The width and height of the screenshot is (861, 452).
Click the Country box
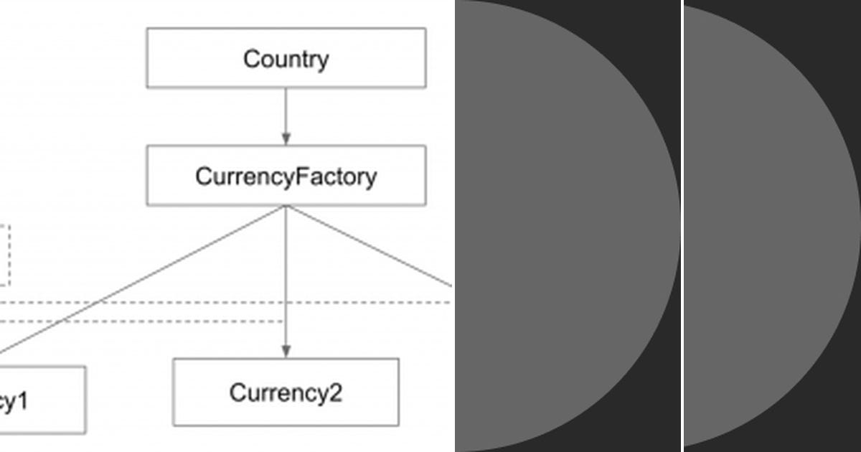pos(286,58)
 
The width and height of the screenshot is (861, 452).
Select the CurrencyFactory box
pos(286,176)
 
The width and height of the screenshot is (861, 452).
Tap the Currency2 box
pos(286,392)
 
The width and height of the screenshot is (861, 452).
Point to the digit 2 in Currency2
pos(334,393)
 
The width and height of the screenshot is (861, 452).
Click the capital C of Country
pos(251,59)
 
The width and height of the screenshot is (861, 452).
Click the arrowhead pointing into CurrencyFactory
pos(286,139)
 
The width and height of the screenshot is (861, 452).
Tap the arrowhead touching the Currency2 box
pos(286,352)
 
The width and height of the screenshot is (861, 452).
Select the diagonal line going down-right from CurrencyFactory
pos(373,248)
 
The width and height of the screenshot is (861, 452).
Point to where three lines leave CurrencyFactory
pos(286,207)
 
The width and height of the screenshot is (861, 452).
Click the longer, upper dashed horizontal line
pos(215,303)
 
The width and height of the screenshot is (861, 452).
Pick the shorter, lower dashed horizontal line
pos(143,321)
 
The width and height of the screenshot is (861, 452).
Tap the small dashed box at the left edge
pos(5,255)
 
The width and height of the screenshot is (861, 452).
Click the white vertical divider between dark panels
pos(682,226)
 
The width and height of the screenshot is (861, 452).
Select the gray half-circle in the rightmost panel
pos(761,226)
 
